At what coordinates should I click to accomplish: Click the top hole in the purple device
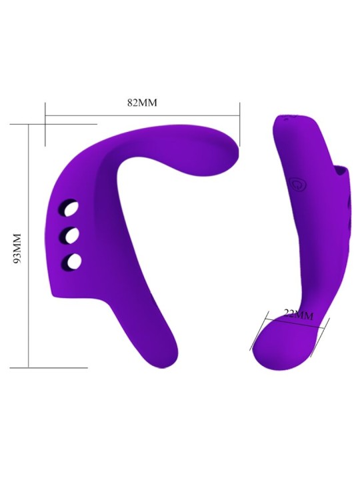pos(70,211)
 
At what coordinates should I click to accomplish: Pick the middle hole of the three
pos(71,235)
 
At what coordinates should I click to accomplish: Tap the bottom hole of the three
pos(75,261)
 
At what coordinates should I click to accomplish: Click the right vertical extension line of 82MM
pos(239,123)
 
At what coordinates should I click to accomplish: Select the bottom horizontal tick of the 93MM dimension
pos(57,367)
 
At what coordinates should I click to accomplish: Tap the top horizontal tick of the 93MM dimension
pos(53,124)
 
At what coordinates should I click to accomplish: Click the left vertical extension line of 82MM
pos(45,123)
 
